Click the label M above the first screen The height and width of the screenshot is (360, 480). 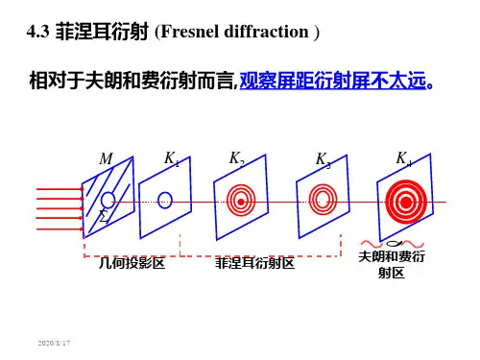(107, 158)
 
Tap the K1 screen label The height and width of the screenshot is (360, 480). (172, 158)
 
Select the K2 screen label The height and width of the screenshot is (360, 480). (237, 158)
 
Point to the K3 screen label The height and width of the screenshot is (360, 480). (324, 160)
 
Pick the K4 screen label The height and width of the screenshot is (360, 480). (404, 159)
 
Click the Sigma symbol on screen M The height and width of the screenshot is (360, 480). (103, 216)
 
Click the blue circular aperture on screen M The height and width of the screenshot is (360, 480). (108, 200)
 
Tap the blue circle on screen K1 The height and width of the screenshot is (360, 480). (165, 201)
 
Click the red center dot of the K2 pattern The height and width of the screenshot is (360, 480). (241, 202)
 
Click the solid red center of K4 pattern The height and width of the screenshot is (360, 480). (406, 203)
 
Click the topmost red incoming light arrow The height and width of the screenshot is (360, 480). (60, 189)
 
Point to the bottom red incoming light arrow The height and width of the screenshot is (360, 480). (60, 229)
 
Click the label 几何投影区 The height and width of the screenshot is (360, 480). (132, 263)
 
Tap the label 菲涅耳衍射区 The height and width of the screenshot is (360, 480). (254, 263)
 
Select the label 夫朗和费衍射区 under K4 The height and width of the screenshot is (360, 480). (392, 265)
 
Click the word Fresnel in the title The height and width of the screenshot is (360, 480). (190, 32)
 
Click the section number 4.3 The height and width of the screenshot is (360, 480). (37, 32)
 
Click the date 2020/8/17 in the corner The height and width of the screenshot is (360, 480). (54, 343)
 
